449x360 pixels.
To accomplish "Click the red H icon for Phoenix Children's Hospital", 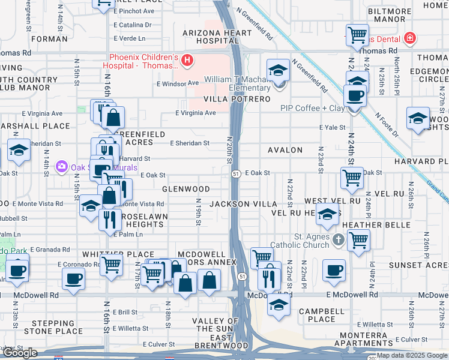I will [187, 60].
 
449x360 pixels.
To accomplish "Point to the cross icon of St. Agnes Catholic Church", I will [338, 240].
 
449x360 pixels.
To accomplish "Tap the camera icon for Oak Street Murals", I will [61, 167].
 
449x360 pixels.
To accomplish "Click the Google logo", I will [20, 353].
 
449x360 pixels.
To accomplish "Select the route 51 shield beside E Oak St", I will [237, 173].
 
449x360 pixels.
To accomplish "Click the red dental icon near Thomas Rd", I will [409, 38].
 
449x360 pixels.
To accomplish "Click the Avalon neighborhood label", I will [285, 150].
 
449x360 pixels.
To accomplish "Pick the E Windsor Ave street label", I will [178, 83].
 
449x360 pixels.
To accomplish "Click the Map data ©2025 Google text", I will [412, 355].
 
